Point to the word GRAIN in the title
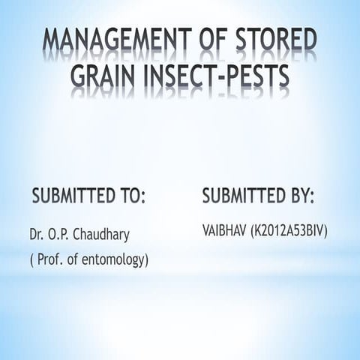[x=102, y=76]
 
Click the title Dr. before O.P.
[x=37, y=235]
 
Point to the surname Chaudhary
[x=105, y=235]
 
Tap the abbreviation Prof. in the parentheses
[x=49, y=260]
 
